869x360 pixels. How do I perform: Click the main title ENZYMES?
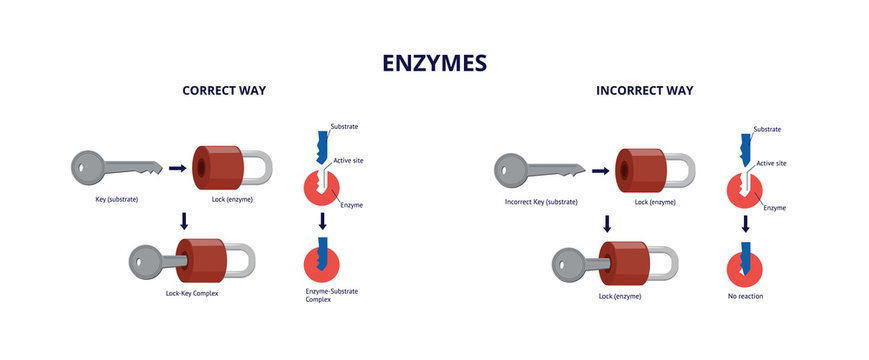434,63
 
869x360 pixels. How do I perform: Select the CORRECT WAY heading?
224,91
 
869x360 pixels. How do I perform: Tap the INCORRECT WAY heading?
644,91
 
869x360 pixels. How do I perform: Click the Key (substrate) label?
110,200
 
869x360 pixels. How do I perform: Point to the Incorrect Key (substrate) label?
541,202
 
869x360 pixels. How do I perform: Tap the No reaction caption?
746,296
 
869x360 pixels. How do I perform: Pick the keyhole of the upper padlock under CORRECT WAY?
199,168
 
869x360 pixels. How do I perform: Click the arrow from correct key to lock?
177,169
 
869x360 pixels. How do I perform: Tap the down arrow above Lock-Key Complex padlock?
181,219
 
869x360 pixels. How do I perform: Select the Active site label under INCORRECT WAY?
771,162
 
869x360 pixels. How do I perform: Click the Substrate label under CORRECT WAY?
344,127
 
